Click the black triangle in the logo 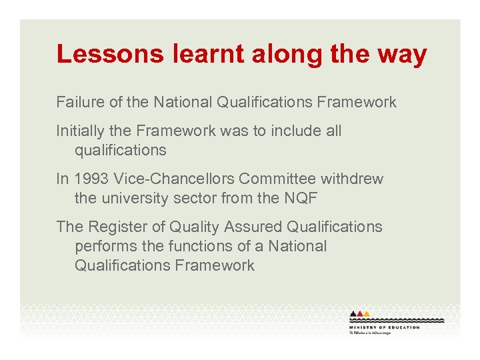click(353, 314)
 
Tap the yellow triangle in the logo click(367, 314)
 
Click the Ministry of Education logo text click(384, 327)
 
